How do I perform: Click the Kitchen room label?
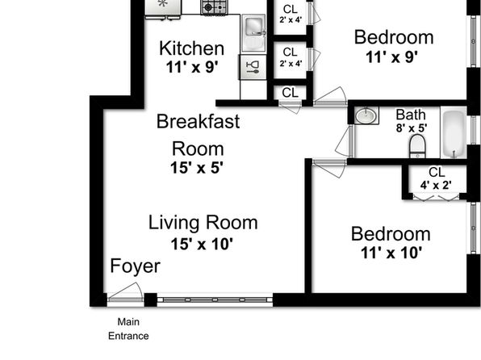[192, 48]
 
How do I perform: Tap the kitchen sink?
[253, 33]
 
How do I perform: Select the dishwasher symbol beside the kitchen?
[253, 67]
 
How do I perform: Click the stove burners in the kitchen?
[214, 7]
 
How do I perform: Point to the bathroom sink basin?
[366, 115]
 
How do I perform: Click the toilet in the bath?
[418, 146]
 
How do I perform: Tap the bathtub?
[454, 132]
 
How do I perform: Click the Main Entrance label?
[128, 329]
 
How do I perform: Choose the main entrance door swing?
[126, 291]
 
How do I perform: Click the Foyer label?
[136, 266]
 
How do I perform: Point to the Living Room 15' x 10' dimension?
[202, 245]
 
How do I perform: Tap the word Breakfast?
[199, 121]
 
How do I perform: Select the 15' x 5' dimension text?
[197, 168]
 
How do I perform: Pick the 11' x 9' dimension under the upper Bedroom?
[391, 57]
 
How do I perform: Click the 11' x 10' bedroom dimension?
[391, 253]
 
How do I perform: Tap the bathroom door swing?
[344, 142]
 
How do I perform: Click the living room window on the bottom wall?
[215, 299]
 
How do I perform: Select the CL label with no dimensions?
[291, 92]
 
